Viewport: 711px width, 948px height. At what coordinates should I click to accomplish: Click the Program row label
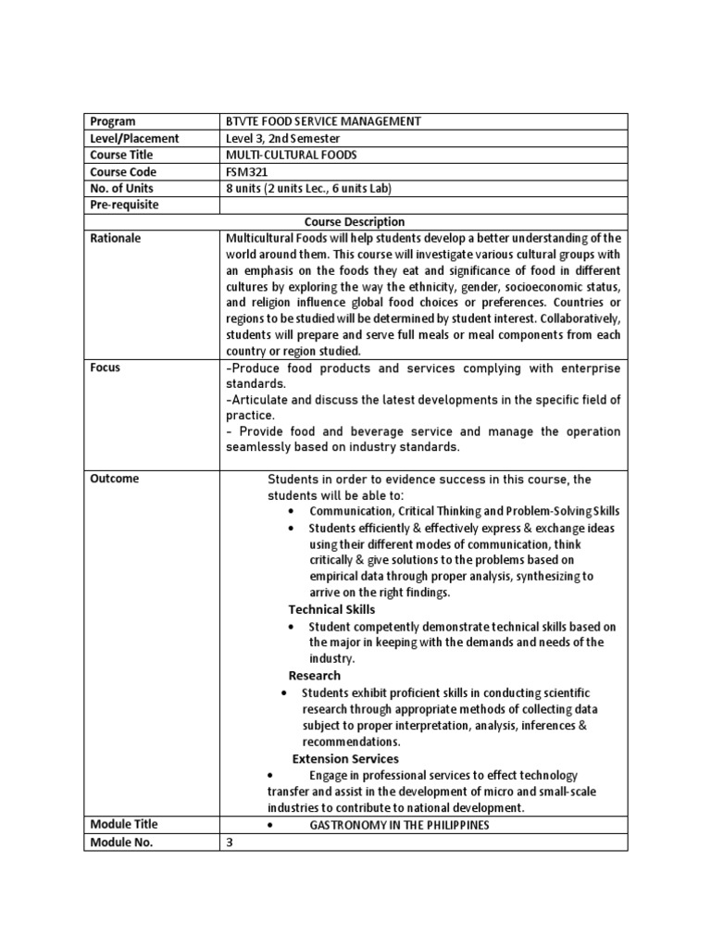click(112, 121)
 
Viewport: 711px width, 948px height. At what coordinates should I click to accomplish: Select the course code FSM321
click(246, 172)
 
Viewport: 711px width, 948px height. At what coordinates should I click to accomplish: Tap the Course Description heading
click(355, 222)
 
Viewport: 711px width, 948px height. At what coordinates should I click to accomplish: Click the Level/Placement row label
click(134, 139)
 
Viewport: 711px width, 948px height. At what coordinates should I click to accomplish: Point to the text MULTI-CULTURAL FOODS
click(291, 156)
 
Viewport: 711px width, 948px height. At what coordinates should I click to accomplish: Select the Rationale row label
click(116, 239)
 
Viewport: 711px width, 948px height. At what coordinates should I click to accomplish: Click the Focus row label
click(106, 368)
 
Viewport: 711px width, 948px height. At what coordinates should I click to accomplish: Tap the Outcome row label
click(115, 479)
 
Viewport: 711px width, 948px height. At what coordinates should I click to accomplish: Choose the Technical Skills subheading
click(331, 609)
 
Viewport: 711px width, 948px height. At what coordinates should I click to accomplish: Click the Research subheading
click(314, 676)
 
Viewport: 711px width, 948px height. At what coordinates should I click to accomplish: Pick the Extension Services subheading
click(345, 759)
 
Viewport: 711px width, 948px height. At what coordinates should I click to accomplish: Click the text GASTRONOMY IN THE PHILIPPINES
click(399, 825)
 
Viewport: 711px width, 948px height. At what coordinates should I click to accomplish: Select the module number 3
click(231, 842)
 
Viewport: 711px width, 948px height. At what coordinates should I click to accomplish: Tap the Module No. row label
click(121, 842)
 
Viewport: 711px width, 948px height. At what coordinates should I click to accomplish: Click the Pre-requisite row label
click(124, 206)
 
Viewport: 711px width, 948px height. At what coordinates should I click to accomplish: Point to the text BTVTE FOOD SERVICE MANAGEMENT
click(323, 121)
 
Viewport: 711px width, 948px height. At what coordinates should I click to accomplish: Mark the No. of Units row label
click(123, 189)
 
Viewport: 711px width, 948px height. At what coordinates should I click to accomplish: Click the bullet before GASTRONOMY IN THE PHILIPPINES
click(268, 825)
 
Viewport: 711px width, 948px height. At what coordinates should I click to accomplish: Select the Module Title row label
click(124, 824)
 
